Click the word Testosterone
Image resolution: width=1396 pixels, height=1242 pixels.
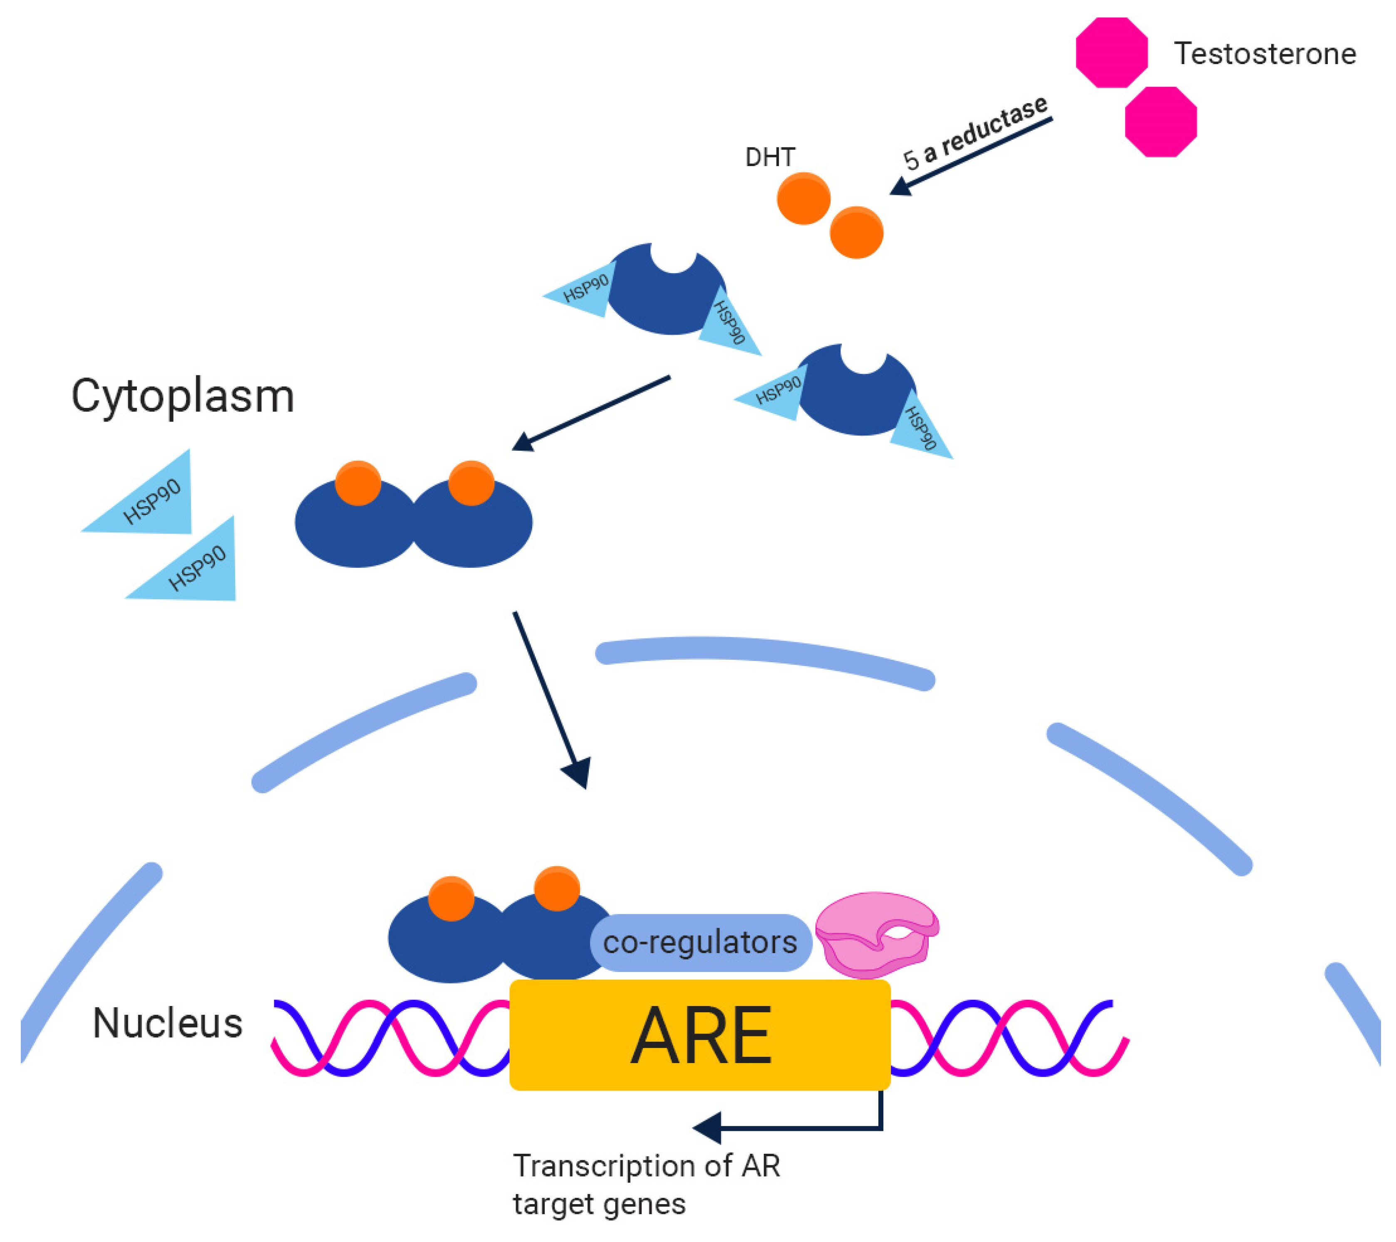[x=1264, y=54]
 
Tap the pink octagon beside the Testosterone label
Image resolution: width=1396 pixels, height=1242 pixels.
[x=1111, y=52]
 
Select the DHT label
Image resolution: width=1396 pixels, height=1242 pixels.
[x=770, y=158]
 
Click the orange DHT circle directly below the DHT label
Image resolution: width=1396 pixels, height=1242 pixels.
[x=803, y=199]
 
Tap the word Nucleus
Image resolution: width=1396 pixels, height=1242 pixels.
[x=167, y=1023]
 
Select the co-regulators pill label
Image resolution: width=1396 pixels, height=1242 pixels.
[x=700, y=942]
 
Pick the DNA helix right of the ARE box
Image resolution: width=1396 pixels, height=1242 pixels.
[x=1007, y=1038]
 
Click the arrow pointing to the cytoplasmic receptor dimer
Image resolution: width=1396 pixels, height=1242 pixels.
[x=591, y=413]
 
